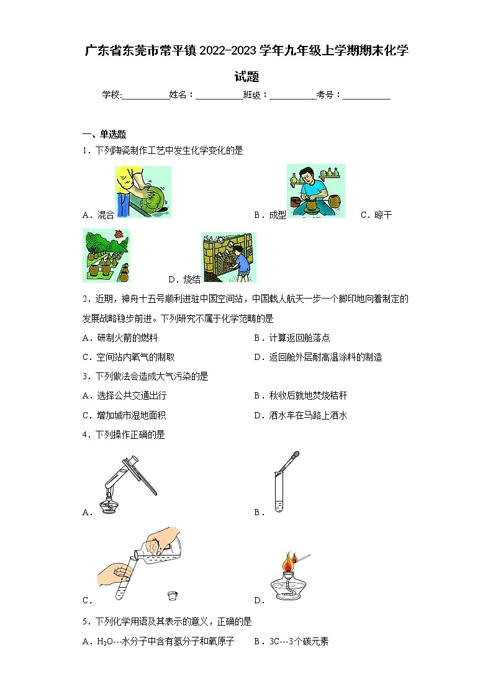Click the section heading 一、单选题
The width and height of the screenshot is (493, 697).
coord(104,134)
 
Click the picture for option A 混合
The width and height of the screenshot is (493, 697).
coord(143,192)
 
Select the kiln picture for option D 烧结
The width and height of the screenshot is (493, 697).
coord(228,257)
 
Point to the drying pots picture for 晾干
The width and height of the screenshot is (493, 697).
coord(106,255)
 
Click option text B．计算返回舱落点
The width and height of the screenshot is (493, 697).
coord(292,338)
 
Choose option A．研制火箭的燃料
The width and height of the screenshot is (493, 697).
coord(120,338)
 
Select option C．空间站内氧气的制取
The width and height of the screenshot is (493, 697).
coord(129,357)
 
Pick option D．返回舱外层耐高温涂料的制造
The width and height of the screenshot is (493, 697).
coord(318,357)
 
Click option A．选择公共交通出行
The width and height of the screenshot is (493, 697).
coord(124,395)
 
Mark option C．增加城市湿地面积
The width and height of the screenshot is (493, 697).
coord(124,415)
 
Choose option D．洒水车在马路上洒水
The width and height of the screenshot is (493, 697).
coord(301,415)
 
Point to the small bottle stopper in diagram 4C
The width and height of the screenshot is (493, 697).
coord(173,596)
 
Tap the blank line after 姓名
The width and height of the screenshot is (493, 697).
coord(219,95)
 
